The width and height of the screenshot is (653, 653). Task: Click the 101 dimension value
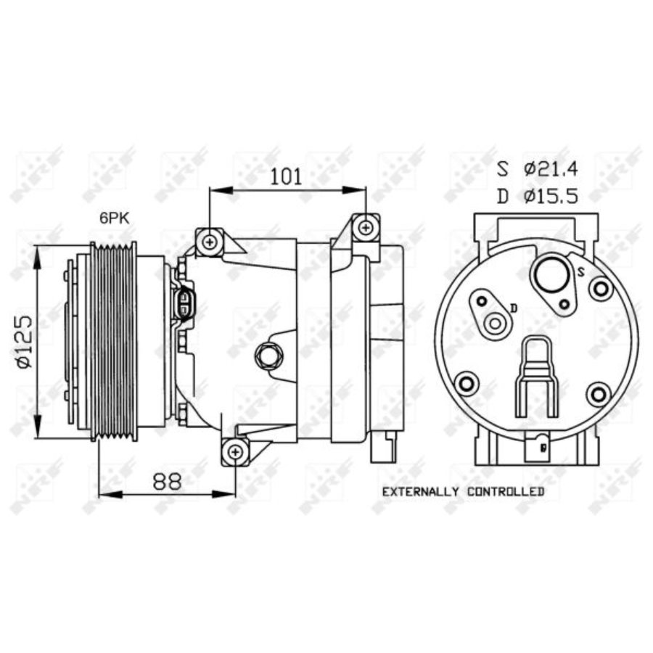(x=286, y=176)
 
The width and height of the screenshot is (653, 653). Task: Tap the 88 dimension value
(x=168, y=480)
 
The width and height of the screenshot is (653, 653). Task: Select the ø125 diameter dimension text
(x=24, y=342)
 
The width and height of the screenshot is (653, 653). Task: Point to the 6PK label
(x=115, y=217)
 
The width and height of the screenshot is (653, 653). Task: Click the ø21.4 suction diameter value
(x=551, y=169)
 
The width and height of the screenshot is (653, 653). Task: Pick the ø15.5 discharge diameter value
(x=551, y=197)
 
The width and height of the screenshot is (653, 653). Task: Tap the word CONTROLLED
(x=506, y=492)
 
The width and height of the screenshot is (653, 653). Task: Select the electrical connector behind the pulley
(x=185, y=304)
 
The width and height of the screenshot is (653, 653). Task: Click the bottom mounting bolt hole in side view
(x=234, y=452)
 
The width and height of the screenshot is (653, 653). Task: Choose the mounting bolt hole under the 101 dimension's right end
(x=366, y=227)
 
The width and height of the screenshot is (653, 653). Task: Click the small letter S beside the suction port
(x=580, y=271)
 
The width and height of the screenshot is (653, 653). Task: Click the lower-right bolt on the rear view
(x=598, y=395)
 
